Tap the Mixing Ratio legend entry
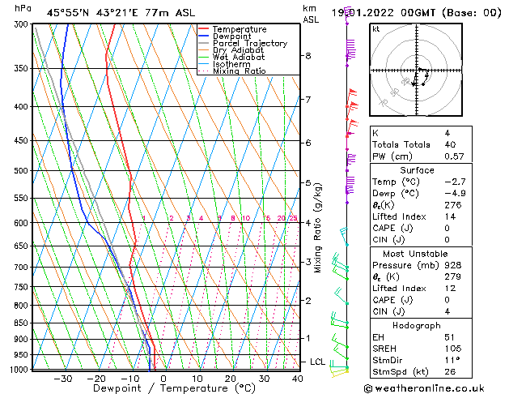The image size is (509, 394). coord(239,71)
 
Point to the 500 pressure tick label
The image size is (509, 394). coord(22,171)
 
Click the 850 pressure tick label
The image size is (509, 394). coord(22,323)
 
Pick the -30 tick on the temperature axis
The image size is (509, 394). coord(62,379)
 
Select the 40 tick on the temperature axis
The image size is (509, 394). coord(298,379)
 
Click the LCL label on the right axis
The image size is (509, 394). coord(318,362)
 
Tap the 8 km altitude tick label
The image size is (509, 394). coord(308,56)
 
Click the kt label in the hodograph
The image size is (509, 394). coord(376,28)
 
